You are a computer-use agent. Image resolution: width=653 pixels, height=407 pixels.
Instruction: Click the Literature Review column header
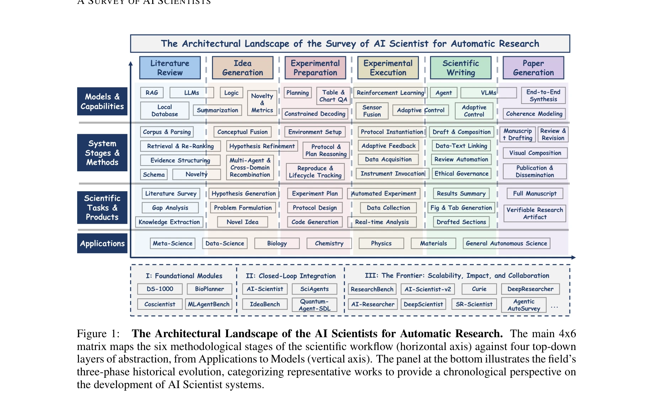click(x=170, y=68)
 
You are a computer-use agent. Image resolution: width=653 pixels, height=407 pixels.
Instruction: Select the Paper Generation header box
click(x=533, y=68)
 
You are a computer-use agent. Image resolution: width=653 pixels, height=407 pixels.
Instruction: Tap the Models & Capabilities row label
click(x=102, y=101)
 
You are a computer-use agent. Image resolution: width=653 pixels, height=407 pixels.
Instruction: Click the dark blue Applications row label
click(x=102, y=244)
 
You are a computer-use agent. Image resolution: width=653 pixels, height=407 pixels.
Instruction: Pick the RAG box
click(x=152, y=93)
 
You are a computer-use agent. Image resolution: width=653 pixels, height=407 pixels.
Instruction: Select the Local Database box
click(x=165, y=110)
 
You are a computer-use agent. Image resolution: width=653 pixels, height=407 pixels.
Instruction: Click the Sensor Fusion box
click(x=372, y=111)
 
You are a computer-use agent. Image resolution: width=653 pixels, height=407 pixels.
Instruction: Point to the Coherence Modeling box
click(x=534, y=114)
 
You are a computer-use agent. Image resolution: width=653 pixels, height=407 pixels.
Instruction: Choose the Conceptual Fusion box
click(x=243, y=132)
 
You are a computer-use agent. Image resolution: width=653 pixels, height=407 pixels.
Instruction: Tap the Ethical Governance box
click(x=461, y=174)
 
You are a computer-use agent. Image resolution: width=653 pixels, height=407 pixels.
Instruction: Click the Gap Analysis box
click(x=170, y=208)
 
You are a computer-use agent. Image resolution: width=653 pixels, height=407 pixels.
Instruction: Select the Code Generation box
click(x=315, y=222)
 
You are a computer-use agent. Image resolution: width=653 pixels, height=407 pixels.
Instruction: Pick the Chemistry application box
click(x=329, y=244)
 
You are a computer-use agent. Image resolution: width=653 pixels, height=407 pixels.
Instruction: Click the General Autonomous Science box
click(x=506, y=244)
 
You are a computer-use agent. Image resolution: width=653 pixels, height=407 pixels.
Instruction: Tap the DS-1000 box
click(x=160, y=289)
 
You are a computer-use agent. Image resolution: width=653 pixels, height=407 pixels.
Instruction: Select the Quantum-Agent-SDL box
click(x=314, y=305)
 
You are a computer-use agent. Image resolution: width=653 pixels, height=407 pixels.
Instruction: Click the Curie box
click(x=479, y=289)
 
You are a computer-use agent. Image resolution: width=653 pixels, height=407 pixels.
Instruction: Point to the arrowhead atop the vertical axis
click(x=131, y=63)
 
